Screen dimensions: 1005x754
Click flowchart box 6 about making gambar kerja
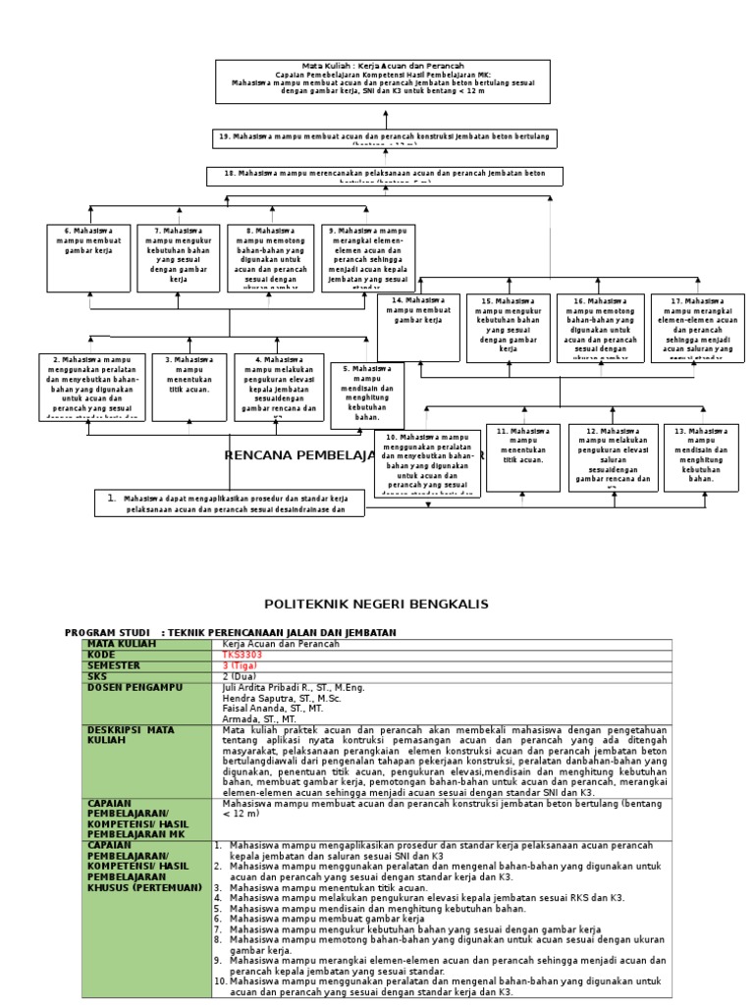[x=89, y=257]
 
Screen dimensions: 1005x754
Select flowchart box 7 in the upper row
[x=179, y=257]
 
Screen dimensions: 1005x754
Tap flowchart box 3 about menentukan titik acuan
[x=189, y=387]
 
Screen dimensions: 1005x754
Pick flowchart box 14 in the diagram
[x=418, y=327]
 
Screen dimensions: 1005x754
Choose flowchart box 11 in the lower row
[x=523, y=457]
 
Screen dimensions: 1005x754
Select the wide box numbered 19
[x=385, y=137]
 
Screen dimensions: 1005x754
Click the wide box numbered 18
[x=385, y=176]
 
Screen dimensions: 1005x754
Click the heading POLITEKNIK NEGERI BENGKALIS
[x=377, y=603]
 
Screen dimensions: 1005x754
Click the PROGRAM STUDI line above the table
[x=231, y=633]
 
